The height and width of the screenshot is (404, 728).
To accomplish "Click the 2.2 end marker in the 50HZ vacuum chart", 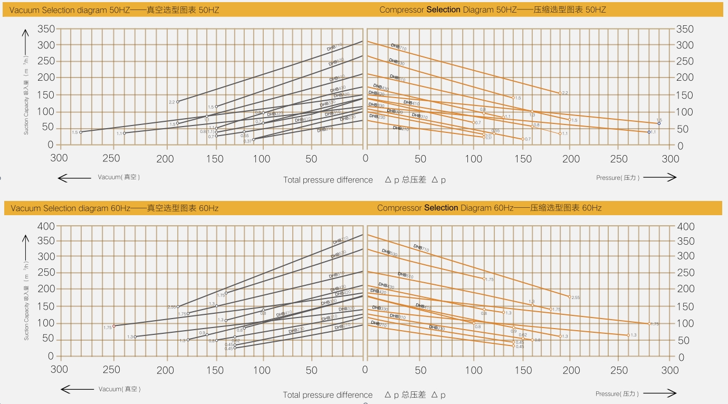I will click(178, 102).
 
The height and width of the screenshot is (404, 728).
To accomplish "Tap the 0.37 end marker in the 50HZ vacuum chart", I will click(254, 139).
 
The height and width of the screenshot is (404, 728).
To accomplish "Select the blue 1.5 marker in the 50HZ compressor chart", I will click(659, 123).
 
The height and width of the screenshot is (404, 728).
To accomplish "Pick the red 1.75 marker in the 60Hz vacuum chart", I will click(114, 326).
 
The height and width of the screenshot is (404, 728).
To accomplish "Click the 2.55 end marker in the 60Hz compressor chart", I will click(569, 296).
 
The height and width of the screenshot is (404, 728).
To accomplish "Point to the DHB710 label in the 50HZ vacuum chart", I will click(335, 47).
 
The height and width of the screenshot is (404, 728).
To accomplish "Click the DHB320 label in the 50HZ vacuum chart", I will click(275, 114).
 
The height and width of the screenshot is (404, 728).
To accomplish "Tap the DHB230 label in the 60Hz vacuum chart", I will click(296, 331).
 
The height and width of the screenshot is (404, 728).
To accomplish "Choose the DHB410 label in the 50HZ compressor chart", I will click(411, 103).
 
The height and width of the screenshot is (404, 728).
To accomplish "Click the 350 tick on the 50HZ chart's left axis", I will click(46, 29).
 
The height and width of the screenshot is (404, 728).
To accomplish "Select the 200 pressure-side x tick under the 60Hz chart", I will click(572, 370).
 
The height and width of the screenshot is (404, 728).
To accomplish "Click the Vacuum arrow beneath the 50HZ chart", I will click(74, 178).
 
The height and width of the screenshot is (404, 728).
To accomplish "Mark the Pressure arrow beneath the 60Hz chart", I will click(660, 393).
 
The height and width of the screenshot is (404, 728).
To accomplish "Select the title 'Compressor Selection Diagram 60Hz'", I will click(489, 208).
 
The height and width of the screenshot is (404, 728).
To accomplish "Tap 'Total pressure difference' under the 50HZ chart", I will click(328, 180).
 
